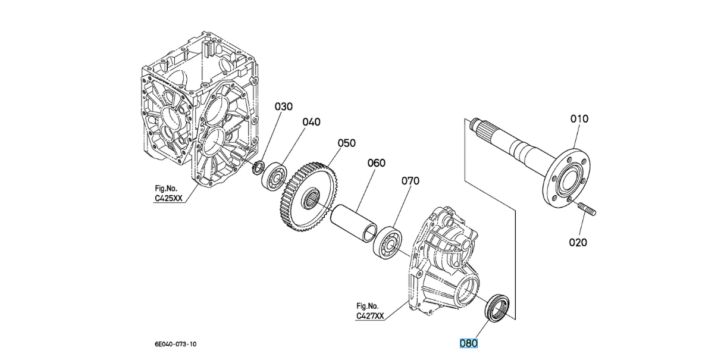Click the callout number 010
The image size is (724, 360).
pos(579,119)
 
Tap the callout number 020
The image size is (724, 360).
pos(578,242)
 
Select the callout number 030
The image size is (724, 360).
pos(284,107)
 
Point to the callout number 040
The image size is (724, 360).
pos(311,122)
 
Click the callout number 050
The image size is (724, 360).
pos(346,143)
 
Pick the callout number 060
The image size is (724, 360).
pos(376,162)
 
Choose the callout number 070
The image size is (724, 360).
pos(410,180)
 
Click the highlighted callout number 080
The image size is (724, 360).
pos(469,343)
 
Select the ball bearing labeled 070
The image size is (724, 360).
pos(387,242)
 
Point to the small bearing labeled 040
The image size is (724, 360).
pos(275,175)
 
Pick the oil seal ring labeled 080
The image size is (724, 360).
pos(498,306)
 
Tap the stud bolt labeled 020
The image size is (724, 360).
pos(587,209)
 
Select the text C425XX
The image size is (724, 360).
pos(170,199)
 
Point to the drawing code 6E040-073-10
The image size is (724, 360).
pos(175,344)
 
